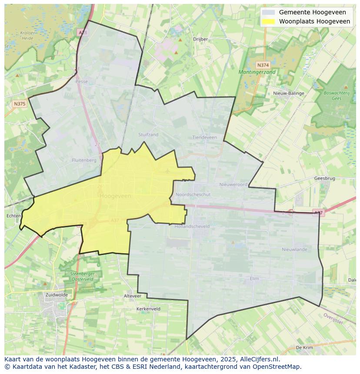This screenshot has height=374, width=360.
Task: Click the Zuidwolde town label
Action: click(x=55, y=295)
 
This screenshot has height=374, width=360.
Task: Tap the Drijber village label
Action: click(x=200, y=39)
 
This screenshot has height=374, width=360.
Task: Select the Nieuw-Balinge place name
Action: click(x=289, y=93)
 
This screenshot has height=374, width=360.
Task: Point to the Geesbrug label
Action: click(x=324, y=178)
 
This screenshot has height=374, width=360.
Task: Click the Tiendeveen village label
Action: click(x=204, y=137)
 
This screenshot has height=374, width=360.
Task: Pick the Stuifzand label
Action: click(x=148, y=135)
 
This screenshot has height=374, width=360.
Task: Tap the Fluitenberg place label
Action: click(x=84, y=160)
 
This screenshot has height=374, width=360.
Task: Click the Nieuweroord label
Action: click(x=233, y=185)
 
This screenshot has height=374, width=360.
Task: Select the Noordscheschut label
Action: click(x=193, y=195)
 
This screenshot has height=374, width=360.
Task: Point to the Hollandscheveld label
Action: click(x=192, y=226)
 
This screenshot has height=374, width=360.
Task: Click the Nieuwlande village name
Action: click(x=294, y=249)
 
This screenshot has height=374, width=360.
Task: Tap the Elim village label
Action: click(x=254, y=278)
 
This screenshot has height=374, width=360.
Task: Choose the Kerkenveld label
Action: click(x=148, y=309)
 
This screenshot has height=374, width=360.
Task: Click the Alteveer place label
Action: click(x=133, y=296)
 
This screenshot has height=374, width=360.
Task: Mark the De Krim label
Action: click(x=304, y=348)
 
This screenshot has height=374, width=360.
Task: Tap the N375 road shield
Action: click(x=20, y=104)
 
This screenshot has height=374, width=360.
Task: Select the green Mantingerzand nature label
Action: click(x=257, y=72)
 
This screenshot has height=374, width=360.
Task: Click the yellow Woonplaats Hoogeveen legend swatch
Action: click(x=269, y=21)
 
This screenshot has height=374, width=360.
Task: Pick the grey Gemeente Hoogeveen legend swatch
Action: click(x=269, y=12)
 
